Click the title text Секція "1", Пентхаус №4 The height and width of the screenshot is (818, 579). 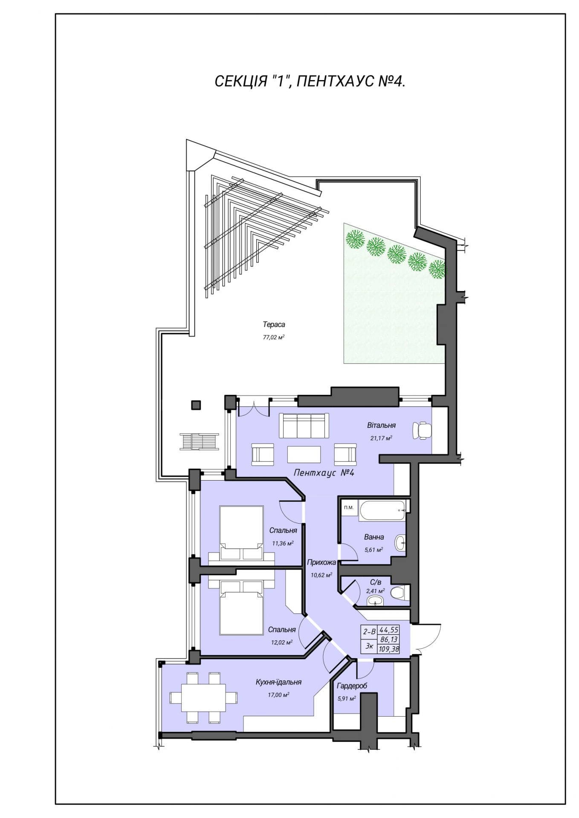coord(310,81)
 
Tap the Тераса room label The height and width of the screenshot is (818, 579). coord(274,325)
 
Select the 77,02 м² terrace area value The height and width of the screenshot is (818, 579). coord(274,337)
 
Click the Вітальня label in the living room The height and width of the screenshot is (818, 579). coord(381,425)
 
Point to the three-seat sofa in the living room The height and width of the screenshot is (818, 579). coord(304,425)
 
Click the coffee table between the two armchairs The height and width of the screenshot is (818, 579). coord(304,454)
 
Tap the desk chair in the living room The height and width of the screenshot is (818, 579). coord(422,430)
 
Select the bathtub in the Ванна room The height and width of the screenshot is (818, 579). coord(382,510)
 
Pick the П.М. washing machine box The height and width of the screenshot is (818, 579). coord(349,507)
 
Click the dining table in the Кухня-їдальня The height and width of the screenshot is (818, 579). coord(203,697)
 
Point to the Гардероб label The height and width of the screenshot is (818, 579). coord(352,686)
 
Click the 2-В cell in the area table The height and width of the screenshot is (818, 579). coord(369,631)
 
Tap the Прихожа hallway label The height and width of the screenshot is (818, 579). coord(321,562)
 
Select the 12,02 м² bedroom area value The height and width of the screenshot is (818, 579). coord(282,642)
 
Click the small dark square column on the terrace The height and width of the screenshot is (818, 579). coord(196,405)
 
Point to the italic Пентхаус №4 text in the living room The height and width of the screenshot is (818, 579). coord(324,473)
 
